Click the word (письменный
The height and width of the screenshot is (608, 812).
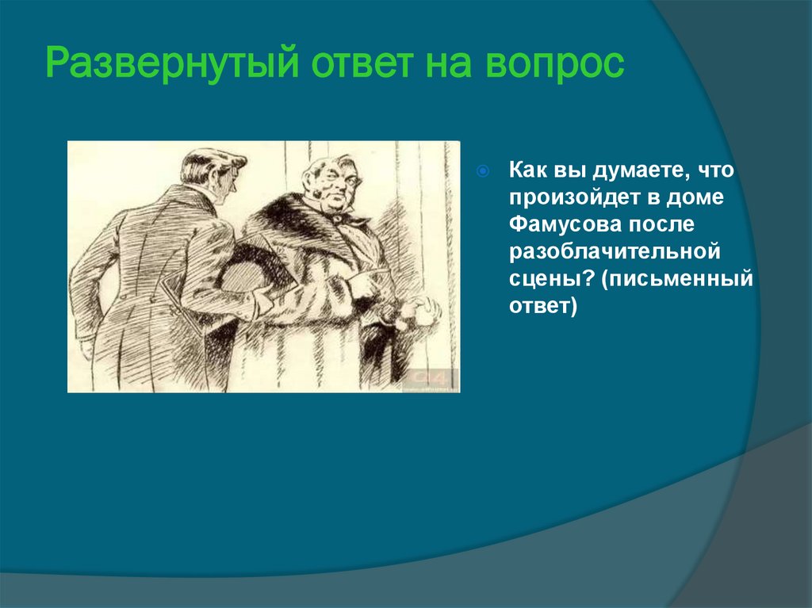[676, 279]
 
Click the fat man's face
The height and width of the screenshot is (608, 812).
[332, 182]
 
